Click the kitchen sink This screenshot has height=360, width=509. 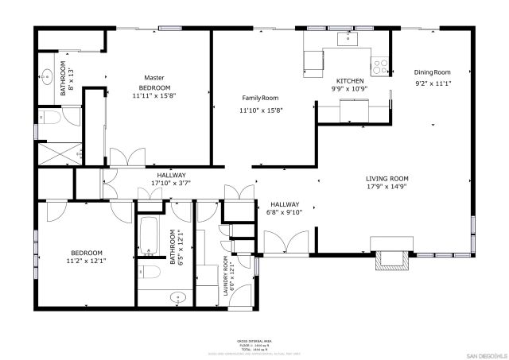pos(348,37)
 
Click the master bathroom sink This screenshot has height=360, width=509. pos(47,77)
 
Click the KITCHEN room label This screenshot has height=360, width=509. pos(350,81)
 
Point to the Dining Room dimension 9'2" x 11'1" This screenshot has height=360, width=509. pos(433,83)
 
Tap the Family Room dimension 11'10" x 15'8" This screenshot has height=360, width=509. pos(261,110)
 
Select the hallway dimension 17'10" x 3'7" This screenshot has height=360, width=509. pos(171,183)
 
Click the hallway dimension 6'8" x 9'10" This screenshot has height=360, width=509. pos(285,212)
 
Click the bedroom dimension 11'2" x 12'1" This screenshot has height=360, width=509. pos(86,260)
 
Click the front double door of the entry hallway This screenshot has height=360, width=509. pos(286,242)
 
